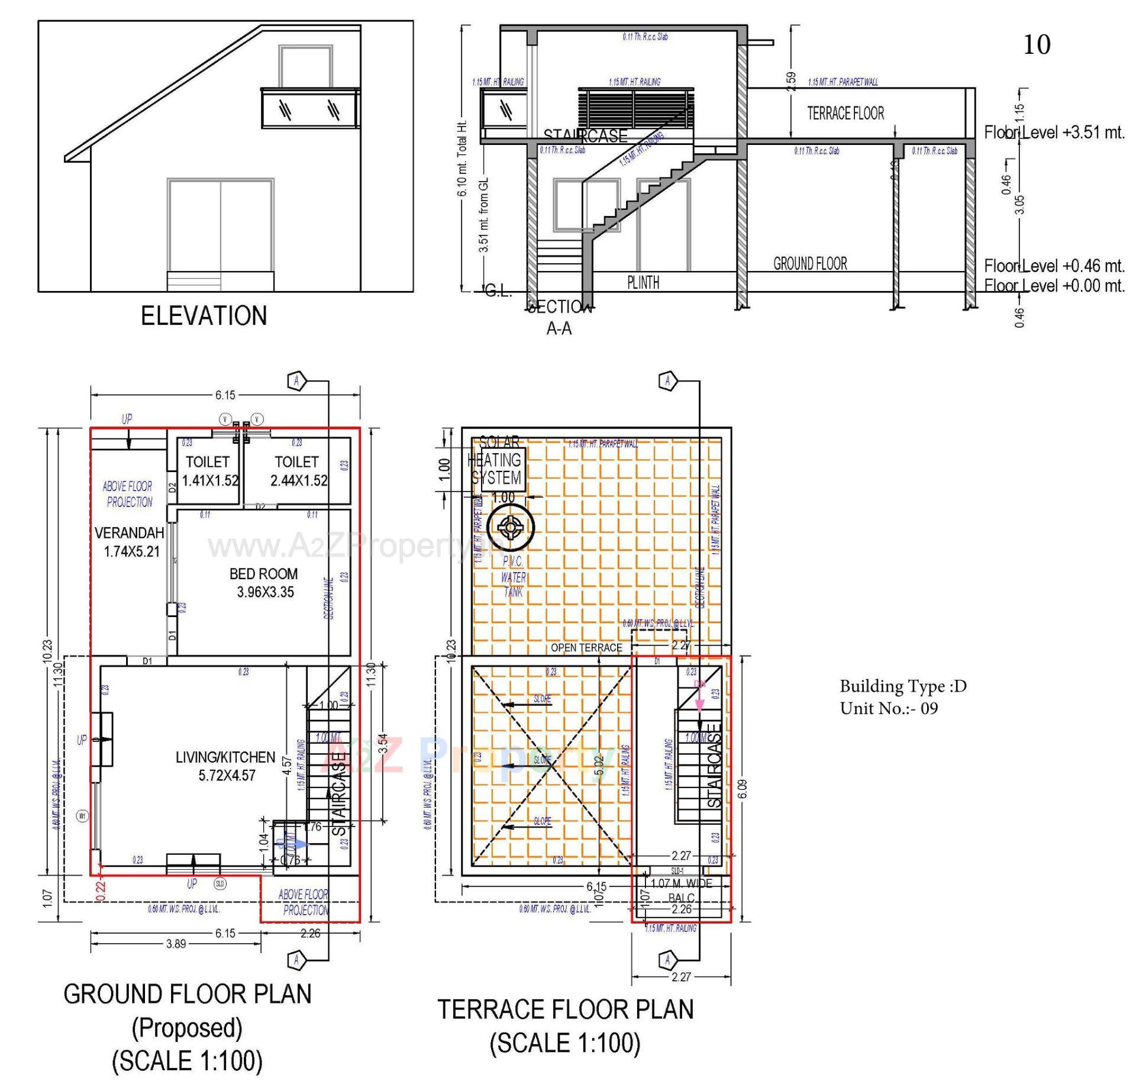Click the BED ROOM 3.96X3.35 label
tap(264, 583)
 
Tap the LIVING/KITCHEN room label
tap(225, 766)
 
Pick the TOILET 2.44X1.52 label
tap(298, 471)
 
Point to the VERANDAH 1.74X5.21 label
tap(130, 542)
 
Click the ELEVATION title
tap(204, 316)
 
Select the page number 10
tap(1037, 45)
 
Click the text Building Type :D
tap(902, 686)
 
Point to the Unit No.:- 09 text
tap(889, 708)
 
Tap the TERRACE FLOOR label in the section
tap(845, 113)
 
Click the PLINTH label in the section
tap(643, 282)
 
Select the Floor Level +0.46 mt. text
tap(1054, 266)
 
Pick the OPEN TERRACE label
tap(586, 648)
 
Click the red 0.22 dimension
tap(100, 891)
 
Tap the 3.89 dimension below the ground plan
tap(176, 944)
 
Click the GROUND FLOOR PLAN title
tap(187, 994)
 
